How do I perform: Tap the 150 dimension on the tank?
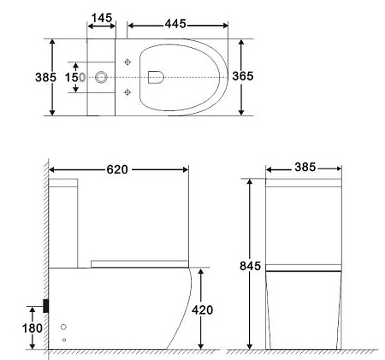point(75,77)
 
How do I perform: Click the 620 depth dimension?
point(117,169)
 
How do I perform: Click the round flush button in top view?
point(102,77)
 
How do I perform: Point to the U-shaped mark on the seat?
point(155,77)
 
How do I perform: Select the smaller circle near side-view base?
point(63,340)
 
